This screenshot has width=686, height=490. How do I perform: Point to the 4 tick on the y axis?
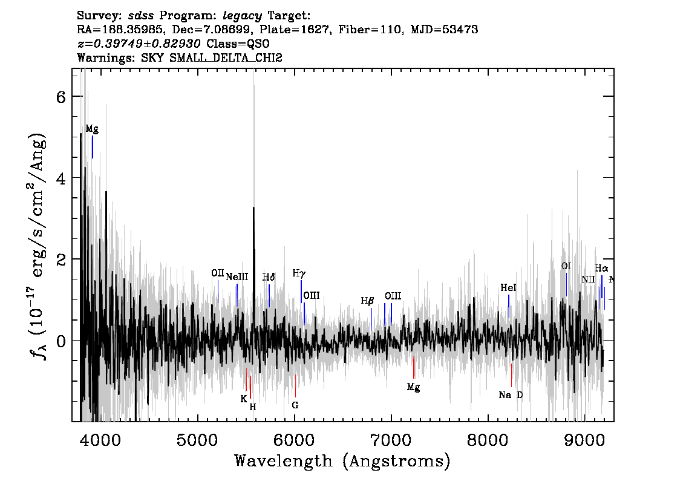pyautogui.click(x=61, y=178)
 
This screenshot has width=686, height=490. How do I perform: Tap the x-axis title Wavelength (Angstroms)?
pyautogui.click(x=342, y=461)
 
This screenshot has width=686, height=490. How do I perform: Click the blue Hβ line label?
pyautogui.click(x=367, y=301)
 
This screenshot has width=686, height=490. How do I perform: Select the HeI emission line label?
pyautogui.click(x=508, y=287)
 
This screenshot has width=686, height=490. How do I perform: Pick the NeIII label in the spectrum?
pyautogui.click(x=237, y=277)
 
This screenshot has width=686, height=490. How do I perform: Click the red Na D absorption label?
pyautogui.click(x=511, y=395)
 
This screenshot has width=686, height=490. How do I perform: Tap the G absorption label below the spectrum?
pyautogui.click(x=295, y=405)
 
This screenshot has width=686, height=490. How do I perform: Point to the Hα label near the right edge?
pyautogui.click(x=601, y=268)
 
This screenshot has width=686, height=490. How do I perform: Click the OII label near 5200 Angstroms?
pyautogui.click(x=217, y=273)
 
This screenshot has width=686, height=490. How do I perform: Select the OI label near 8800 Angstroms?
pyautogui.click(x=566, y=266)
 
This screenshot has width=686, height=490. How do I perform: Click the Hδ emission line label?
pyautogui.click(x=269, y=277)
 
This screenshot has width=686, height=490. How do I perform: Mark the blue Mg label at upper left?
pyautogui.click(x=92, y=129)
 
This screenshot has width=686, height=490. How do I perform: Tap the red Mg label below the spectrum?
pyautogui.click(x=413, y=387)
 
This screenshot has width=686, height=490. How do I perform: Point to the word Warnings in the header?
pyautogui.click(x=106, y=57)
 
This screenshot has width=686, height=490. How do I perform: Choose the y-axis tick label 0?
pyautogui.click(x=61, y=341)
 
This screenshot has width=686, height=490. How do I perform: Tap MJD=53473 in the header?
pyautogui.click(x=444, y=30)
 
